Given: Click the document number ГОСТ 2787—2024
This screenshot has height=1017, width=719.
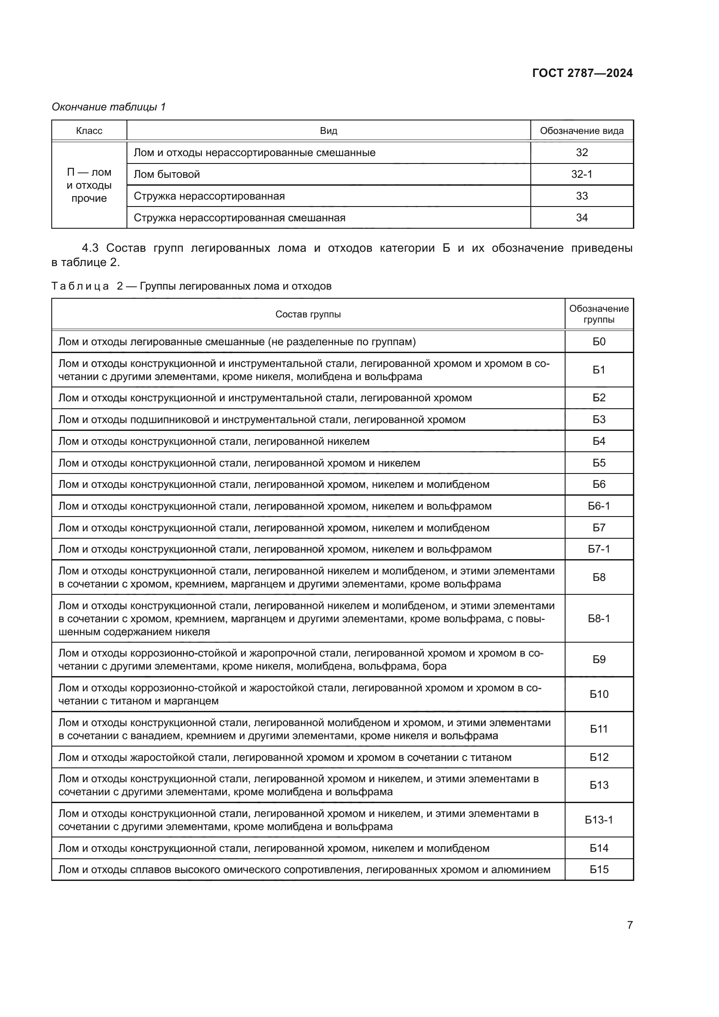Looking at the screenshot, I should pyautogui.click(x=582, y=73).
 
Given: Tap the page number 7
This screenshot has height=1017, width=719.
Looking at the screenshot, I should pyautogui.click(x=629, y=925).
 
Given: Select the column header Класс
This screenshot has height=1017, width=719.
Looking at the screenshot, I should pyautogui.click(x=89, y=131).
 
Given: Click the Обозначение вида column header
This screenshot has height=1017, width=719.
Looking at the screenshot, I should pyautogui.click(x=581, y=131).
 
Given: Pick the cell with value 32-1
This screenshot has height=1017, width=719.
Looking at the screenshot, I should pyautogui.click(x=581, y=174).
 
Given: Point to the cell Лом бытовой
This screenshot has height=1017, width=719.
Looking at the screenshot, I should pyautogui.click(x=167, y=174).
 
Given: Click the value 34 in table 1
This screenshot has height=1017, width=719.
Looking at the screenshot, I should pyautogui.click(x=581, y=217).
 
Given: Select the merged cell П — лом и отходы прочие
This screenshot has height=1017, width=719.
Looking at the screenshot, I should pyautogui.click(x=89, y=185).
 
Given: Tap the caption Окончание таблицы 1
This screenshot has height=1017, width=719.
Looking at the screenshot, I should pyautogui.click(x=109, y=107).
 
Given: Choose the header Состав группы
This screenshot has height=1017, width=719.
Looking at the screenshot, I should pyautogui.click(x=308, y=314).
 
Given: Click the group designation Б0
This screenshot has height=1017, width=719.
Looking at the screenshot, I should pyautogui.click(x=599, y=341).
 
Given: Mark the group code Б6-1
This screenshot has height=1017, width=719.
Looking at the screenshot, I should pyautogui.click(x=599, y=506).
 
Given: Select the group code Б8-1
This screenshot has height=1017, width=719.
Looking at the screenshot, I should pyautogui.click(x=599, y=618).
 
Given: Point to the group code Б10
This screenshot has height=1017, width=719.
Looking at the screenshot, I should pyautogui.click(x=599, y=694).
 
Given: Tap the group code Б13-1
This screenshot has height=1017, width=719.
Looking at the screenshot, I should pyautogui.click(x=599, y=820).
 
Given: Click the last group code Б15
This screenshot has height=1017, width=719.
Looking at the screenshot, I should pyautogui.click(x=599, y=870).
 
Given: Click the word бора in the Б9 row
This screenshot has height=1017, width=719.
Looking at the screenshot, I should pyautogui.click(x=434, y=666).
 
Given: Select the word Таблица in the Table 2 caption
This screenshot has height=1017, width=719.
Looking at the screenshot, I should pyautogui.click(x=80, y=286).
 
